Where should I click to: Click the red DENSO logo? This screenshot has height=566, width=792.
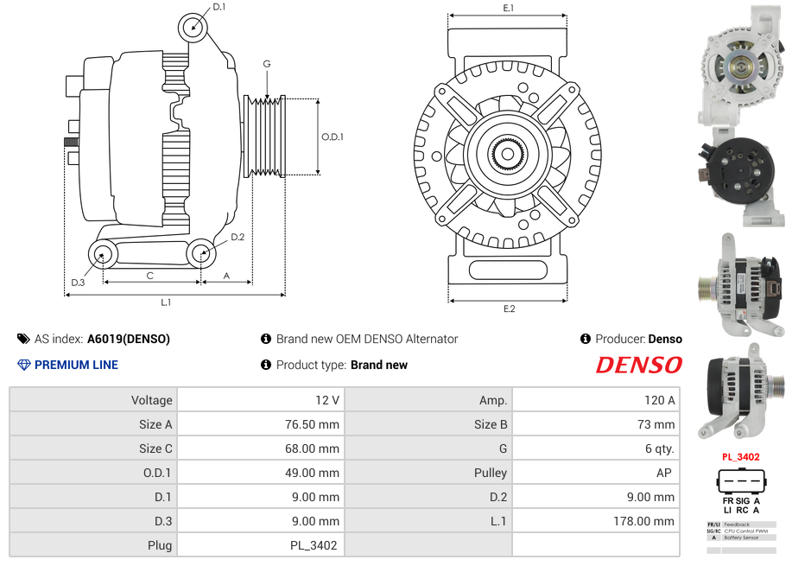(x=638, y=365)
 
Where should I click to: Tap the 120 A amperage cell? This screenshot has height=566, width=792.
(x=660, y=400)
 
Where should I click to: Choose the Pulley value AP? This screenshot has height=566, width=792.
(x=665, y=473)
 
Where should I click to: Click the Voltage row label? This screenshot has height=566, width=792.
(x=151, y=400)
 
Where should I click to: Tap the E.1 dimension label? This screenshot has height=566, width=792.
(x=508, y=8)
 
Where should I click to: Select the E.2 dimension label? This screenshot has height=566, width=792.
(x=508, y=309)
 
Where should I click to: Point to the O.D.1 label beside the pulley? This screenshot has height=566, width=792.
(x=333, y=137)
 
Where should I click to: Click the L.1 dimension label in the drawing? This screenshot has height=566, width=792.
(x=166, y=302)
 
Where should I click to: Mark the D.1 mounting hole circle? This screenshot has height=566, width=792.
(x=193, y=28)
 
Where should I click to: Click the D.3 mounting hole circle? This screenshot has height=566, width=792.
(x=103, y=254)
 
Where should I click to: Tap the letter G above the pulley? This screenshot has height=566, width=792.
(x=267, y=64)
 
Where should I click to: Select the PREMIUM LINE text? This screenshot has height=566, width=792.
(x=76, y=365)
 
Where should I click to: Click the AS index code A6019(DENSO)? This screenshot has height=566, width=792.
(x=129, y=339)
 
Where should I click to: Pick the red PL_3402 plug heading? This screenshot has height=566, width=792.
(x=740, y=457)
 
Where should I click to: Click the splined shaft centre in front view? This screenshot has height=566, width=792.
(x=508, y=156)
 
